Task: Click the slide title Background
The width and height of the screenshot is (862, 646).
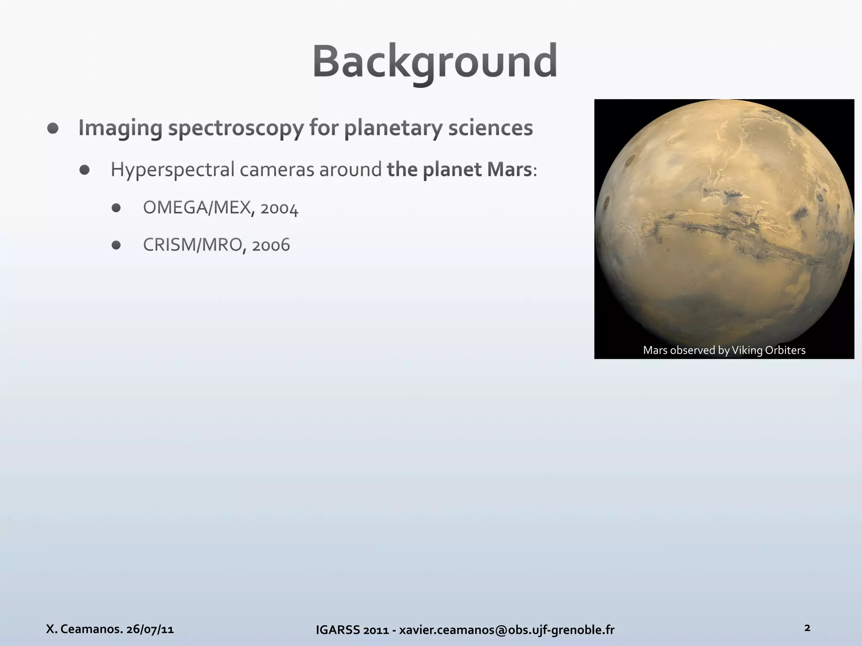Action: coord(435,62)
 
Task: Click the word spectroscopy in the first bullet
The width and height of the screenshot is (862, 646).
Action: coord(236,128)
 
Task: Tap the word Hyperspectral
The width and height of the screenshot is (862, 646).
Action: coord(173,170)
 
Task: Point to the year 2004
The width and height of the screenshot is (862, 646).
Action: coord(279,208)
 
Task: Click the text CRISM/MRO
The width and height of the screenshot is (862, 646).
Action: coord(192,245)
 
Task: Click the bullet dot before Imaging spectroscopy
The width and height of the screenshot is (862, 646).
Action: coord(53,128)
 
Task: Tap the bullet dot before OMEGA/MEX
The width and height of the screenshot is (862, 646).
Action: coord(117,208)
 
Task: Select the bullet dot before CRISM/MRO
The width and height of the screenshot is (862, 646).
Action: coord(117,245)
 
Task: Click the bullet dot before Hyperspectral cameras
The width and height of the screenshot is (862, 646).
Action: coord(85,170)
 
